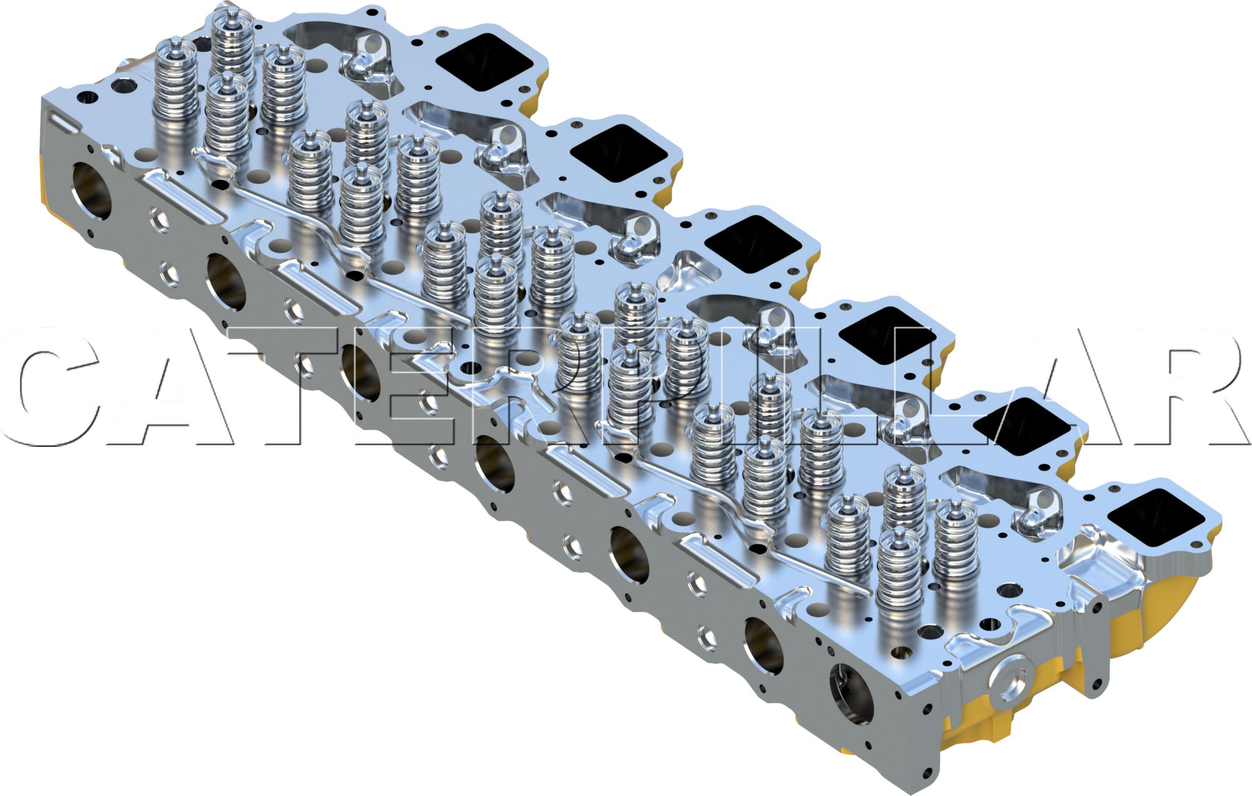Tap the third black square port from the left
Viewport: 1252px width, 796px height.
[x=753, y=244]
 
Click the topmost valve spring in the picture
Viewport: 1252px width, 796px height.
[x=232, y=42]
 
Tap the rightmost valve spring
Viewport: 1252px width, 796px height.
[x=956, y=541]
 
